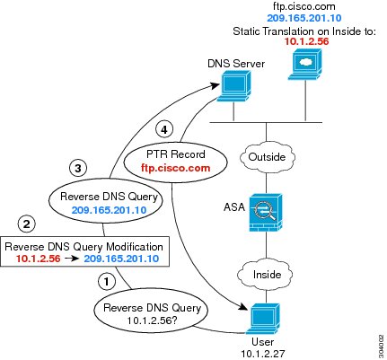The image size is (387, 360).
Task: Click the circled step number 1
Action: click(x=107, y=281)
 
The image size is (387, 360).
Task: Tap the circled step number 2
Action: click(x=27, y=224)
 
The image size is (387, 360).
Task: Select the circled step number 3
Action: click(x=78, y=168)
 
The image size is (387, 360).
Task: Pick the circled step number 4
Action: click(x=164, y=130)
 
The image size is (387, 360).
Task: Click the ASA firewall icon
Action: click(x=266, y=213)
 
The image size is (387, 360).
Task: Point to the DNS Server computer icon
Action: click(x=233, y=87)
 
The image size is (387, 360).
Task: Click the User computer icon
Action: click(x=263, y=319)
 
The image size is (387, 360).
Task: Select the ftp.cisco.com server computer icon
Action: click(x=305, y=65)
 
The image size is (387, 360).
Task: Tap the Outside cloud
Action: click(x=267, y=157)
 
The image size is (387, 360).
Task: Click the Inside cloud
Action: click(x=266, y=275)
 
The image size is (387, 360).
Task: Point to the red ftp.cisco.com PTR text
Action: click(x=176, y=168)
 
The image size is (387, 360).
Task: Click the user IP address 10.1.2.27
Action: click(x=263, y=354)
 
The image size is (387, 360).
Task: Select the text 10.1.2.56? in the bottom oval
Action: click(x=152, y=320)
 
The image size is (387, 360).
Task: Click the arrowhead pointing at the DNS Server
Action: click(x=215, y=85)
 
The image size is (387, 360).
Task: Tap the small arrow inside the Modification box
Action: click(x=72, y=259)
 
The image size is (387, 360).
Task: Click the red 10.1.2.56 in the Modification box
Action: click(x=39, y=259)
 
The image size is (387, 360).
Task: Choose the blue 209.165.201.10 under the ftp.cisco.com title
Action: click(x=304, y=18)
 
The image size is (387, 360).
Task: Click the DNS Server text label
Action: click(x=236, y=64)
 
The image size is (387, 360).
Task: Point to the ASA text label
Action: click(x=234, y=207)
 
